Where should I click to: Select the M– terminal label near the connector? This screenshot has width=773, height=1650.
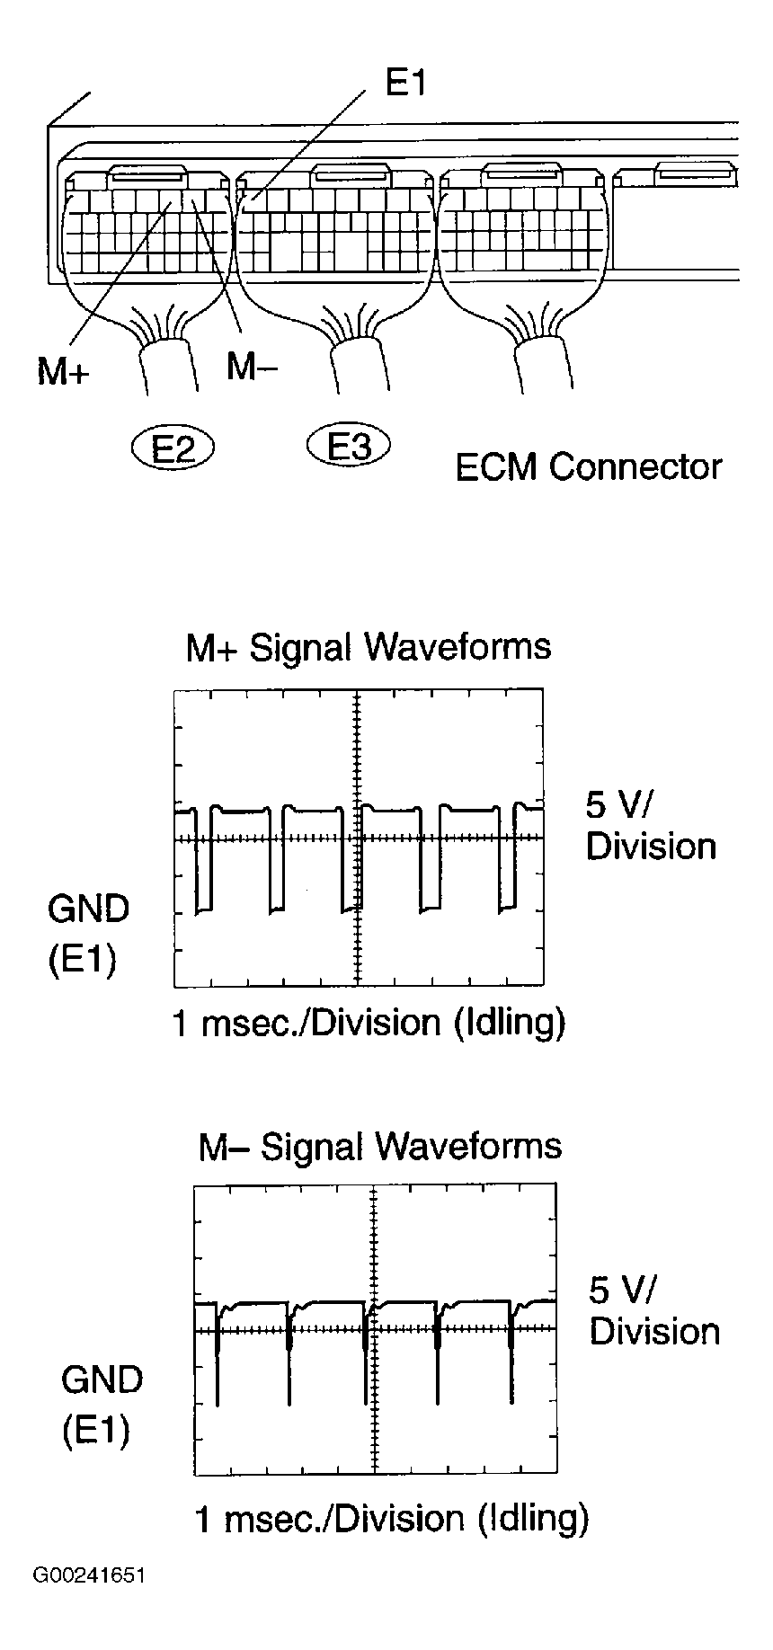pyautogui.click(x=252, y=366)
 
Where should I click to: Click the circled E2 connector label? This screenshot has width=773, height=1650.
pyautogui.click(x=173, y=447)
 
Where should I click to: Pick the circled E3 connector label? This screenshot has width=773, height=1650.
pyautogui.click(x=349, y=445)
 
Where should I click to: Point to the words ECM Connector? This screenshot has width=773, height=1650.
pyautogui.click(x=589, y=467)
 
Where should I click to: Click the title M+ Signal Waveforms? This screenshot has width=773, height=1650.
pyautogui.click(x=369, y=647)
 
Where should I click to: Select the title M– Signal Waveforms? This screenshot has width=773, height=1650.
pyautogui.click(x=380, y=1146)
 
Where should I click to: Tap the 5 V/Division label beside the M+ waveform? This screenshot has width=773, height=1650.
pyautogui.click(x=651, y=826)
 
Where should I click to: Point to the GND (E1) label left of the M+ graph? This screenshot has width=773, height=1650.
pyautogui.click(x=87, y=935)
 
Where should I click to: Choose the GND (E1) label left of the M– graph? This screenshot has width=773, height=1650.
pyautogui.click(x=101, y=1404)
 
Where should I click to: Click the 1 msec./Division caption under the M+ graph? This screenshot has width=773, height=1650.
pyautogui.click(x=369, y=1023)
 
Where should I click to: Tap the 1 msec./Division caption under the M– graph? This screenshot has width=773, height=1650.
pyautogui.click(x=392, y=1519)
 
